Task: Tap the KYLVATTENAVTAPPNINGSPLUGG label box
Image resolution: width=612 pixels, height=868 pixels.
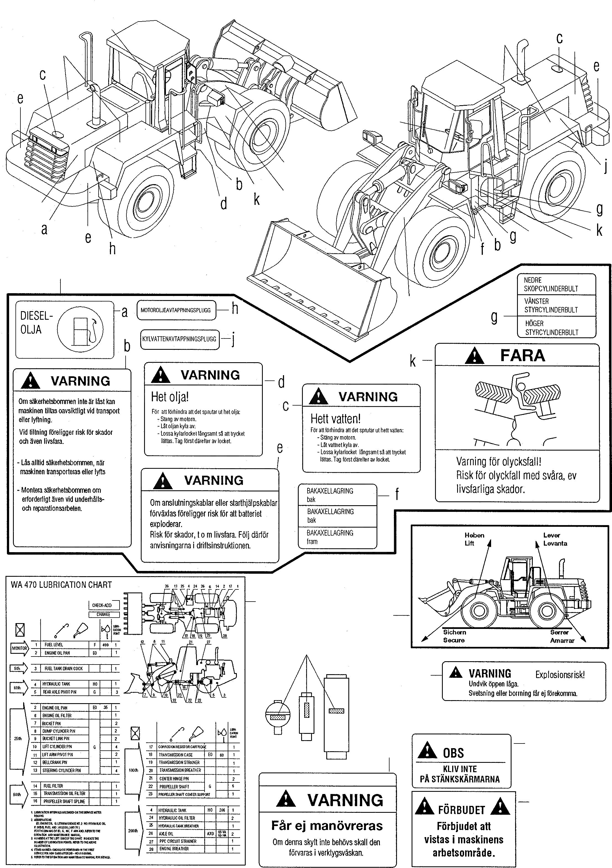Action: click(x=179, y=339)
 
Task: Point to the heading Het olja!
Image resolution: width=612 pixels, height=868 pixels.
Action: click(x=170, y=397)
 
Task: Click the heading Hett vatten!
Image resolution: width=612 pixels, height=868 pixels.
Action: click(x=335, y=419)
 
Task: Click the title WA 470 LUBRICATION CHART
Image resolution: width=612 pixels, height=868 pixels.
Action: click(x=61, y=585)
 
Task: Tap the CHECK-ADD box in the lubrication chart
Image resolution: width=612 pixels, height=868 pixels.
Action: click(x=102, y=605)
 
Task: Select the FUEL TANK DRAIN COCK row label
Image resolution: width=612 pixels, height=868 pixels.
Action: click(x=63, y=668)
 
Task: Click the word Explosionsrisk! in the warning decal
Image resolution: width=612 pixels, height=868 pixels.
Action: click(x=560, y=675)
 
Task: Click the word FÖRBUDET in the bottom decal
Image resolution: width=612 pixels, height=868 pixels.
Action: click(x=461, y=810)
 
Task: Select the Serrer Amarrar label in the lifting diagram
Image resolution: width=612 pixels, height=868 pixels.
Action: click(x=562, y=636)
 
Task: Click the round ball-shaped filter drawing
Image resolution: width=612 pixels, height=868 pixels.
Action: click(x=278, y=714)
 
